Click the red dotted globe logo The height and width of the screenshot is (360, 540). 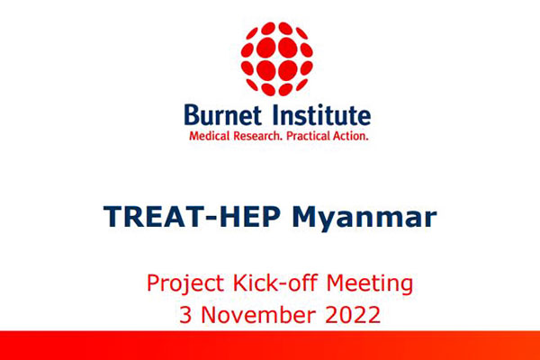click(x=277, y=58)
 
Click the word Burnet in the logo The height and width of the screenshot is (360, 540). click(x=223, y=114)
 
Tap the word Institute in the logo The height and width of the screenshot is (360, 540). click(x=322, y=114)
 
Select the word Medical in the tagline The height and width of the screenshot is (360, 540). click(x=209, y=136)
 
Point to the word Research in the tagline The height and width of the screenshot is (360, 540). click(x=258, y=136)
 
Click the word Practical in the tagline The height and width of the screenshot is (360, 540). click(x=308, y=136)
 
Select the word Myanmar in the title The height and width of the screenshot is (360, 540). click(x=364, y=218)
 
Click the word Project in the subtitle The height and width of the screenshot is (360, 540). click(x=185, y=283)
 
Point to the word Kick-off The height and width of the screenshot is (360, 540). click(x=274, y=283)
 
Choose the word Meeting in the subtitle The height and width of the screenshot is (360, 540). click(x=370, y=283)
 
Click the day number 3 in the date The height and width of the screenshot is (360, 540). click(x=185, y=314)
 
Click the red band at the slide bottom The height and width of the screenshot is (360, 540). click(x=270, y=346)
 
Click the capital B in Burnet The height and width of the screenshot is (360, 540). click(x=193, y=114)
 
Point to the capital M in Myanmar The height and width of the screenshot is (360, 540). click(x=306, y=216)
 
